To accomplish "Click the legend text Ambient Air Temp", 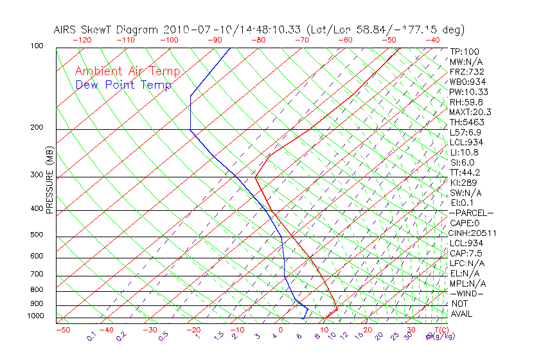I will pos(127,71).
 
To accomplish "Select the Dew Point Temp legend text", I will pos(123,85).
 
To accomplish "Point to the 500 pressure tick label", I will pos(37,235).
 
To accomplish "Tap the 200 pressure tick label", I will pos(37,127).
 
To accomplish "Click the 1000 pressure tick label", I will pos(35,316).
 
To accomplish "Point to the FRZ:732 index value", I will pos(467,71).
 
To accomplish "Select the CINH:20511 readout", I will pos(473,233).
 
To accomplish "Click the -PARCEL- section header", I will pos(471,213).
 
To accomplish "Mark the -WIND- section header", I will pos(467,293).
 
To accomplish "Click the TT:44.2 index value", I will pos(466,172).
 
